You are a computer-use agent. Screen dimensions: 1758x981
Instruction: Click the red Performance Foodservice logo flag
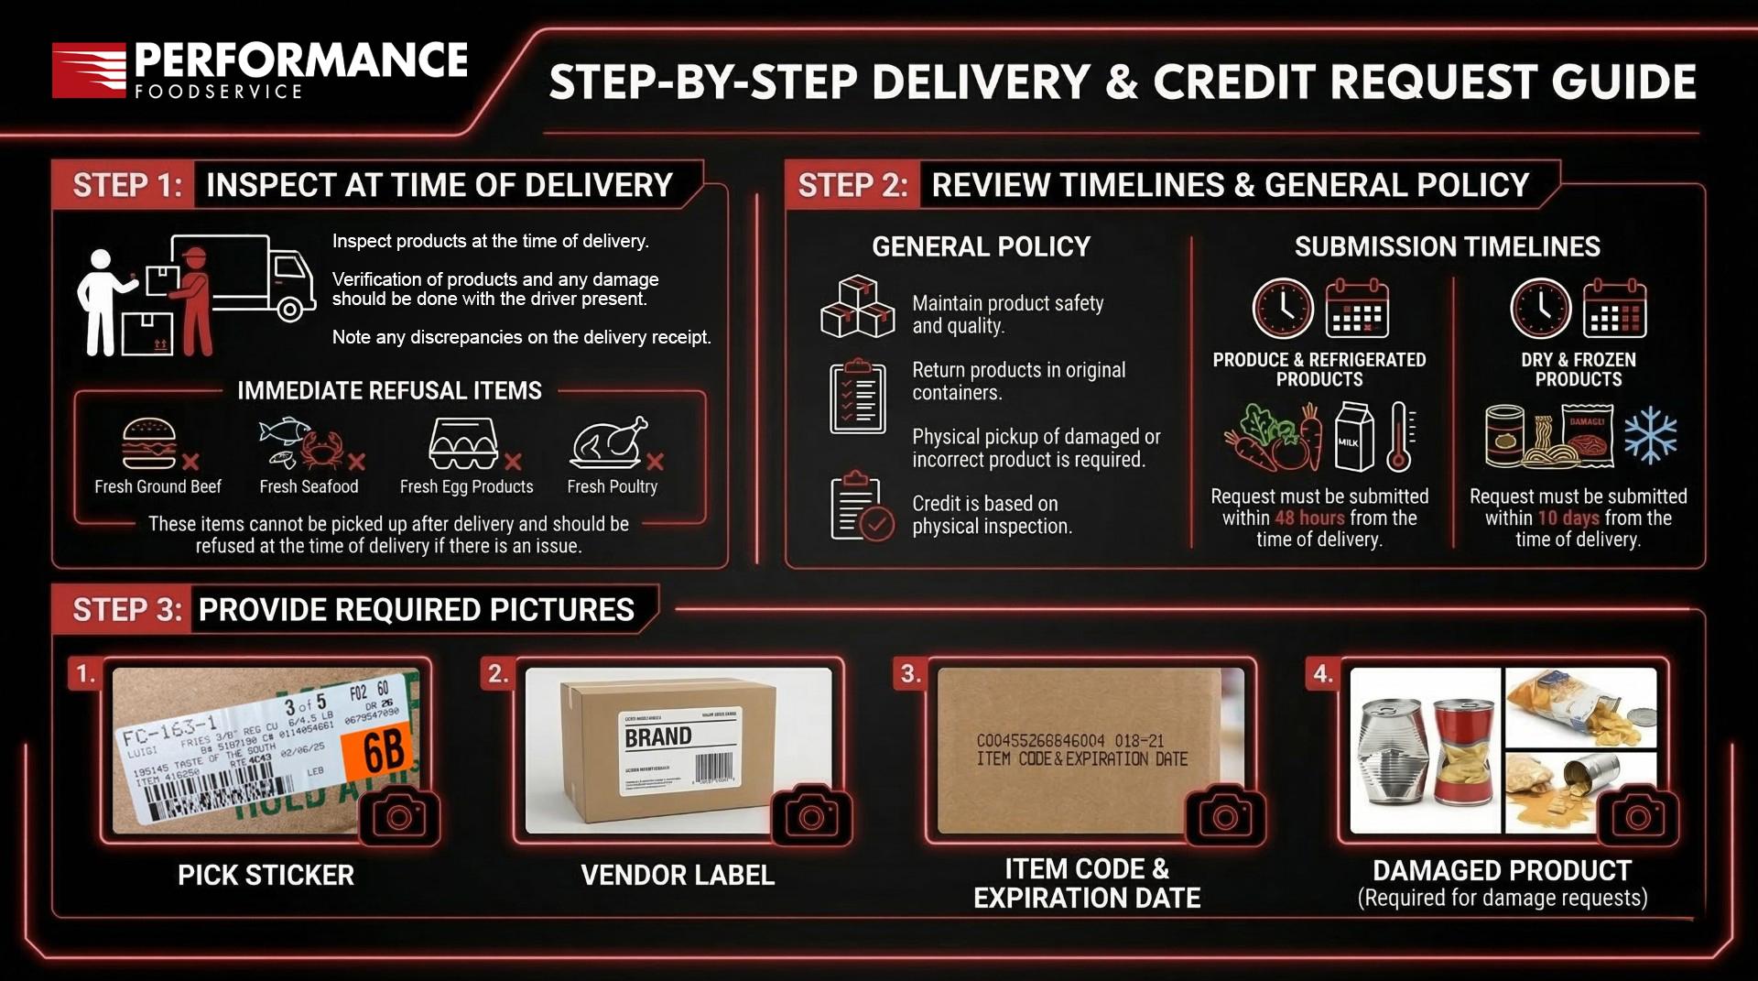tap(88, 70)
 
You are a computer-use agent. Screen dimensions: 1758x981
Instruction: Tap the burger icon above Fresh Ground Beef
tap(149, 443)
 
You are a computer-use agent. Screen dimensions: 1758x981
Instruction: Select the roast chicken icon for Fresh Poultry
tap(608, 443)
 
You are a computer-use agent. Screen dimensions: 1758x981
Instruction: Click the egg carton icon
tap(463, 443)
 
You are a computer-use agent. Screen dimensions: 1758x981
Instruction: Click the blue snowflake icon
tap(1650, 435)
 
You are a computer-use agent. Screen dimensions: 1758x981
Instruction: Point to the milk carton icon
tap(1353, 437)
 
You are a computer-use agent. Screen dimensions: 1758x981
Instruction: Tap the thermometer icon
tap(1400, 437)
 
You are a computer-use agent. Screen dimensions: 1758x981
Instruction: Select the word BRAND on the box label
tap(657, 736)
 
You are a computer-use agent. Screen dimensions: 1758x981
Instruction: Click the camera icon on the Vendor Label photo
tap(811, 815)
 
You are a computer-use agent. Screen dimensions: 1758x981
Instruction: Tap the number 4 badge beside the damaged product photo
tap(1322, 674)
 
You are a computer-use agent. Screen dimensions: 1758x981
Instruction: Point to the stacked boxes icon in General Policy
tap(857, 307)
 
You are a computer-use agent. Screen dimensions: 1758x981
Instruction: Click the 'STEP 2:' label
tap(852, 185)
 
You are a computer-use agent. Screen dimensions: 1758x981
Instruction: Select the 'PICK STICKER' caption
tap(266, 876)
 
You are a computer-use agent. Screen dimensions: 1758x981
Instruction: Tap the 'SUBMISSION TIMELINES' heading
tap(1447, 246)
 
